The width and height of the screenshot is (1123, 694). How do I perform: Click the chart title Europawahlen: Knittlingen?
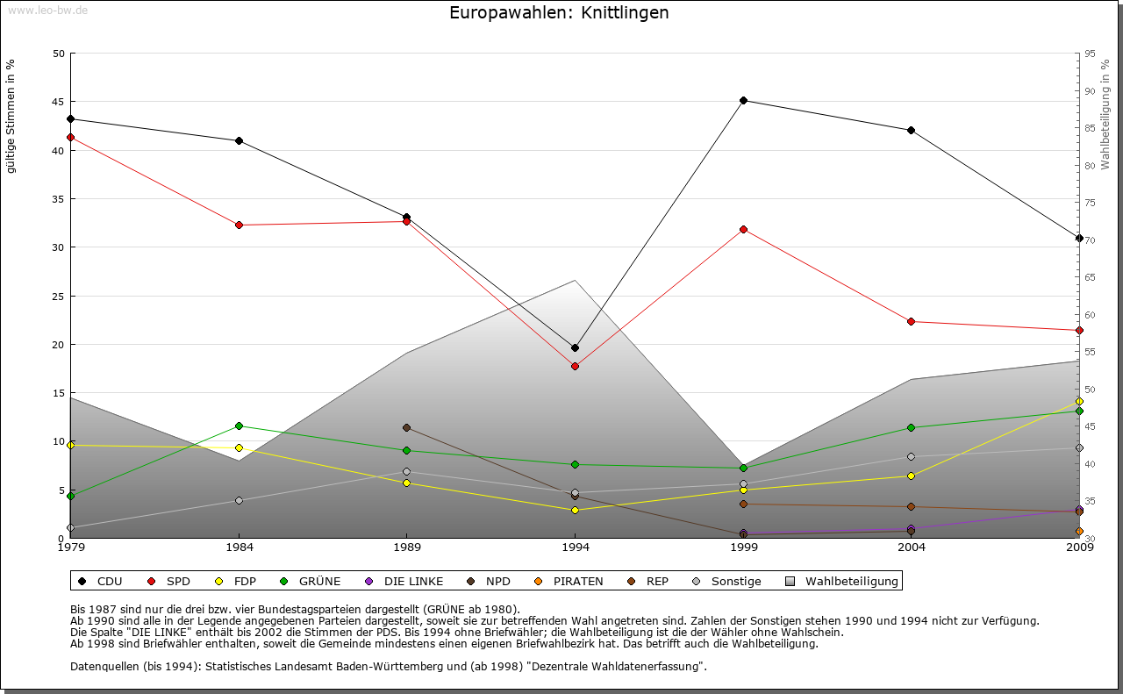coord(559,13)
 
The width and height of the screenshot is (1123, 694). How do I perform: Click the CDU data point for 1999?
coord(743,100)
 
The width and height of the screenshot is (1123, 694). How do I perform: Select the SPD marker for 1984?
coord(239,225)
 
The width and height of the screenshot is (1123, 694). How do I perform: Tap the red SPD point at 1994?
coord(575,366)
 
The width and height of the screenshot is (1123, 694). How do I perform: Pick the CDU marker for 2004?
coord(912,130)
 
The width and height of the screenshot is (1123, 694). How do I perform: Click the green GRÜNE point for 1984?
coord(239,426)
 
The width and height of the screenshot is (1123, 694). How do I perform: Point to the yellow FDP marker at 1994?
coord(575,510)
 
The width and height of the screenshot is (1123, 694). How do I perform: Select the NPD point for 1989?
coord(406,427)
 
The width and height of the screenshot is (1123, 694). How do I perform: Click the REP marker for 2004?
coord(912,506)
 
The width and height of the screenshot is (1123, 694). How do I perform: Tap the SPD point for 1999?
coord(743,229)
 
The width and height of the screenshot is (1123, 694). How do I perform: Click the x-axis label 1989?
coord(407,548)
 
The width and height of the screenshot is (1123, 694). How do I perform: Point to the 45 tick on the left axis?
coord(59,102)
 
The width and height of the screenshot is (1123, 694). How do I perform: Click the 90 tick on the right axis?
coord(1089,91)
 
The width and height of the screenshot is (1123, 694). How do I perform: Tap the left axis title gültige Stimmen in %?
coord(11,116)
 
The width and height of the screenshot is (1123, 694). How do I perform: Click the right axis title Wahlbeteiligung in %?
coord(1105,114)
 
